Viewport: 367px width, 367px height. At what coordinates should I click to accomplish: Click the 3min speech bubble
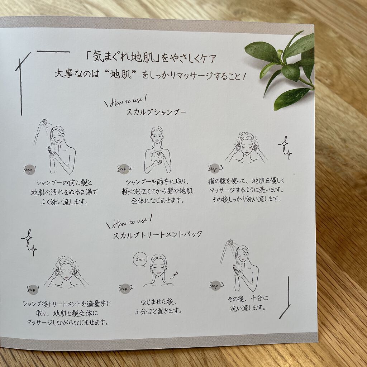coord(140,259)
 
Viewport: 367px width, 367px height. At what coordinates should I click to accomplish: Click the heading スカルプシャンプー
coord(156,112)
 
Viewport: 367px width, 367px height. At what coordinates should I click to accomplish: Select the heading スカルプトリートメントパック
coord(158,234)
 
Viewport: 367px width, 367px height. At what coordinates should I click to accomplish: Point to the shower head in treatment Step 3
coord(230,243)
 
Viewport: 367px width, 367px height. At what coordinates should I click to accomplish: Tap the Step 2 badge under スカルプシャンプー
coord(124,169)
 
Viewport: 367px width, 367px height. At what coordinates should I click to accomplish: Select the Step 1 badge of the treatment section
coord(33,290)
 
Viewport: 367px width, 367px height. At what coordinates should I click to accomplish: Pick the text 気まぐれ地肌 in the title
coord(124,57)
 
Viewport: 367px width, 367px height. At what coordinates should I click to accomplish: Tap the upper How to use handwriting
coord(127,101)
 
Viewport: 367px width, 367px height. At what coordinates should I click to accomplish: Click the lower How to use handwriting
coord(130,222)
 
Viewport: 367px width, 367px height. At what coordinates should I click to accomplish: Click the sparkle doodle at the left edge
coord(29,243)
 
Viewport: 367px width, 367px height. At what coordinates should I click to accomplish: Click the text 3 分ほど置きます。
coord(159,311)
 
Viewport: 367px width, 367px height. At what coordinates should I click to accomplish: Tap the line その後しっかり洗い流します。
coord(247,199)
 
